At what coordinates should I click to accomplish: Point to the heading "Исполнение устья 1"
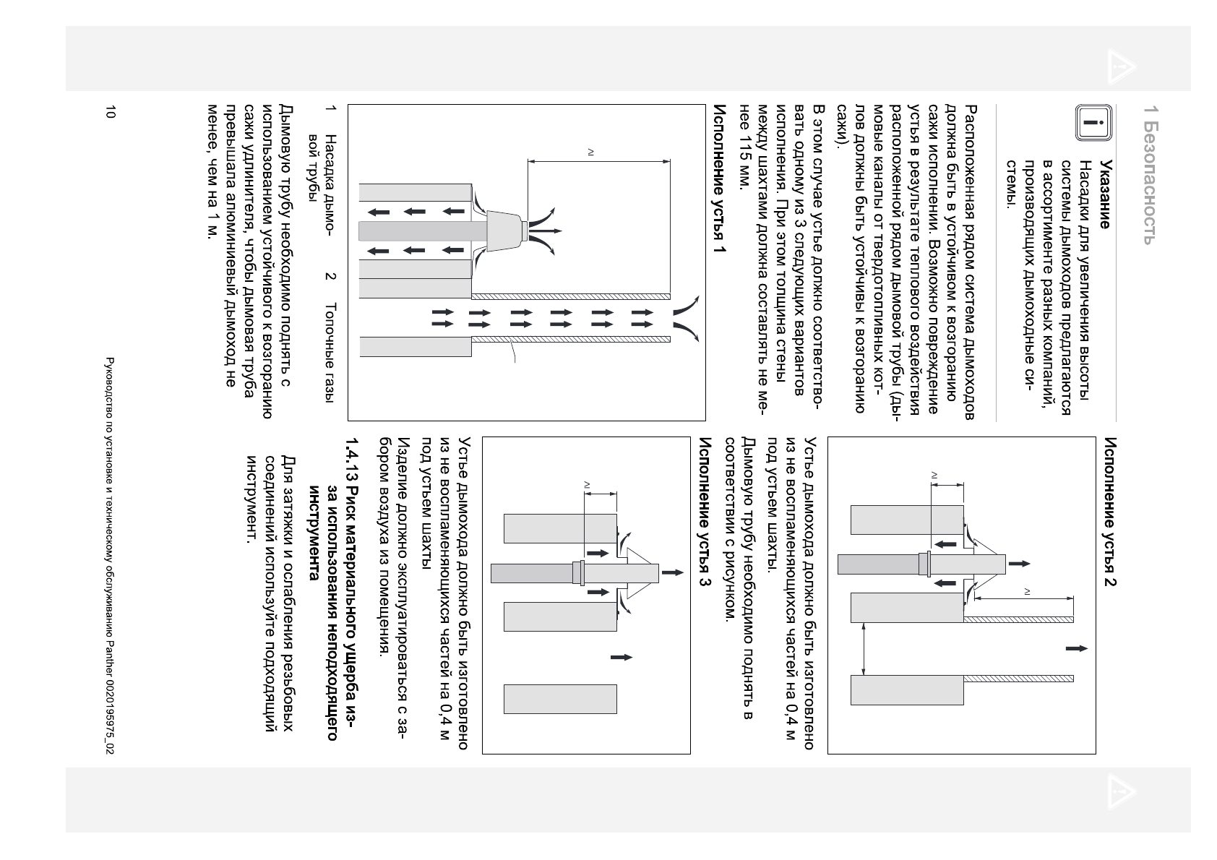[x=720, y=189]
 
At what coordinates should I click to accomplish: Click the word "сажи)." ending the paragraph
[x=841, y=126]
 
